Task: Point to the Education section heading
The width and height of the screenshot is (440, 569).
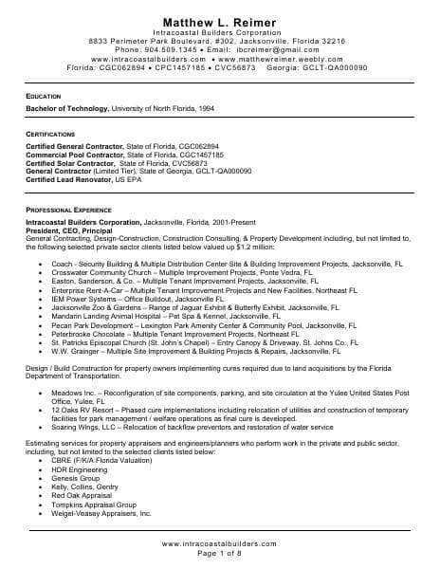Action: [45, 98]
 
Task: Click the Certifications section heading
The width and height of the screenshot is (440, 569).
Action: [53, 136]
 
